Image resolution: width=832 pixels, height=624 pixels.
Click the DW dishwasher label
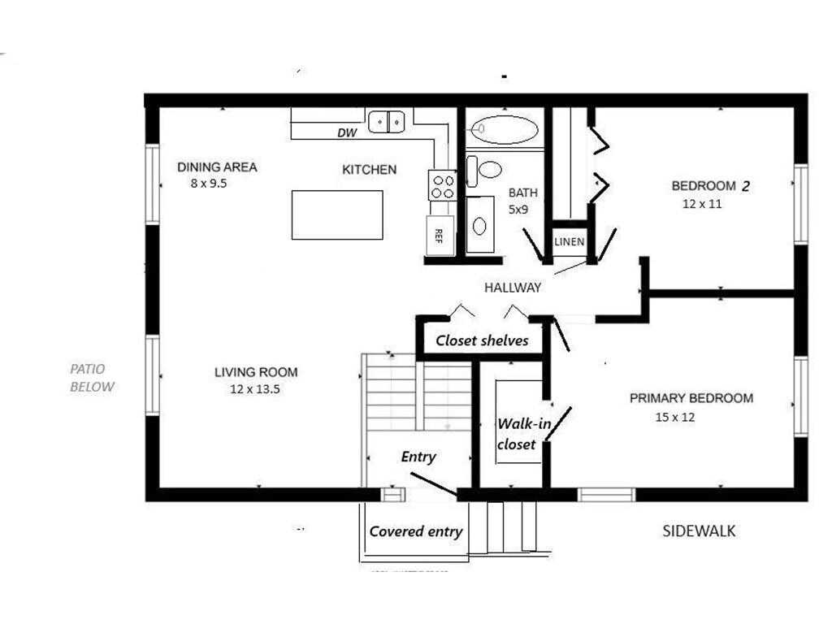348,132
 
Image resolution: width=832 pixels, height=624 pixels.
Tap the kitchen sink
387,121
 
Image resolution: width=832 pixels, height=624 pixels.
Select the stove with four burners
443,184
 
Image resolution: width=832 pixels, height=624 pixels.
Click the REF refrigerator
440,235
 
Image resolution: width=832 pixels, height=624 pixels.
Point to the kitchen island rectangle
337,214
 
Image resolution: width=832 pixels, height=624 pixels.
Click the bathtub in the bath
505,129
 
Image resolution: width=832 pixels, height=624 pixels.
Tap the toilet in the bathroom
484,171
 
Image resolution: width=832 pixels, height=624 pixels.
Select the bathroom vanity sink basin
479,226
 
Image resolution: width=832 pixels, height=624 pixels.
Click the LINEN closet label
570,242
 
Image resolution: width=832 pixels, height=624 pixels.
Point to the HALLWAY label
513,288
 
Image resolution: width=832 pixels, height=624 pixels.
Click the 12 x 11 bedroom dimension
702,204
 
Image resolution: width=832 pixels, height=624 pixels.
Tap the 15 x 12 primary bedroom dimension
675,417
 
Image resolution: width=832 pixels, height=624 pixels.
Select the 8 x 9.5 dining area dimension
209,184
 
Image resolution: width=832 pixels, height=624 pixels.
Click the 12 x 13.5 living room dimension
255,389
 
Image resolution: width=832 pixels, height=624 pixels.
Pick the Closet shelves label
483,340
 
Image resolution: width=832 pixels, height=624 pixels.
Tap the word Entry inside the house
418,457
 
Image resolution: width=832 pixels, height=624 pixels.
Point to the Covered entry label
416,531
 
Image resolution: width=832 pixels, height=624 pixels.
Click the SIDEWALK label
700,531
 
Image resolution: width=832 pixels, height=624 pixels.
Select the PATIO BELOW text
93,378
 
